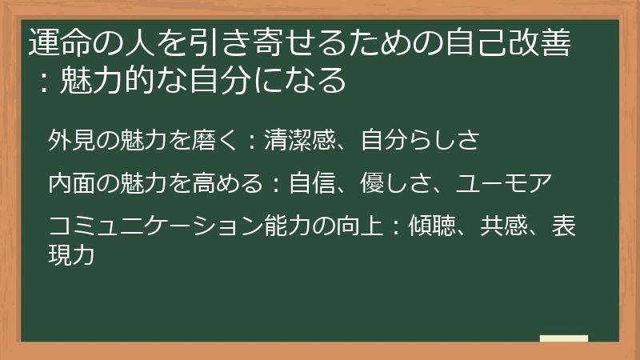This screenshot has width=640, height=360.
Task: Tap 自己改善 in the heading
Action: [x=508, y=42]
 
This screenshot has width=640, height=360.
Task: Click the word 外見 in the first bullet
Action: [x=72, y=139]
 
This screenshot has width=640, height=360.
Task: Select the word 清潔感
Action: [x=300, y=139]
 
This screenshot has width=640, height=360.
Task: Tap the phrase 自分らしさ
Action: [x=420, y=139]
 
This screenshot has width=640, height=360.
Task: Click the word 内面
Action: [x=72, y=183]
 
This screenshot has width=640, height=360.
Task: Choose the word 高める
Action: [x=227, y=183]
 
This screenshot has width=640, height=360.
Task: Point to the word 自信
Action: [x=312, y=183]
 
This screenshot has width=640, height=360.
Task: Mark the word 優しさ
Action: [x=395, y=183]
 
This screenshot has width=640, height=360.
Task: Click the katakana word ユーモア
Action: [x=504, y=183]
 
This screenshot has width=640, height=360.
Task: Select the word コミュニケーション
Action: [x=155, y=226]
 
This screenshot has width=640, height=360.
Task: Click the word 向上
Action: [x=360, y=226]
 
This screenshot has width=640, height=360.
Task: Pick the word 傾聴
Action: [x=432, y=226]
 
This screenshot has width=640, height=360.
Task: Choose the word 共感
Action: [x=504, y=226]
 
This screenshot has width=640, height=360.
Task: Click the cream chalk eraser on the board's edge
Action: [x=564, y=338]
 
